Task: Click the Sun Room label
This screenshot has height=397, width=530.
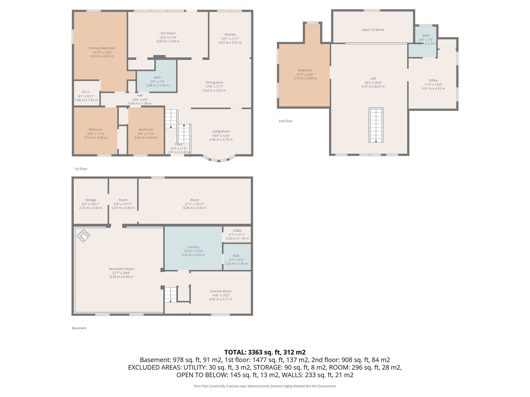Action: tap(168, 33)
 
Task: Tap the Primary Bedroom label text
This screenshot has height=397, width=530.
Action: tap(102, 48)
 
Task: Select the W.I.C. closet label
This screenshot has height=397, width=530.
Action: tap(86, 92)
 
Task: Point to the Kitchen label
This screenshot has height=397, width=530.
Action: tap(230, 34)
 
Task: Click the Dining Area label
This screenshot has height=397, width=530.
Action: tap(214, 82)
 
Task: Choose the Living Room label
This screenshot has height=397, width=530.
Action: tap(221, 131)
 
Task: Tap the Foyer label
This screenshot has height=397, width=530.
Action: tap(179, 144)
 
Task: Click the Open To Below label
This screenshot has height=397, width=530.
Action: tap(373, 30)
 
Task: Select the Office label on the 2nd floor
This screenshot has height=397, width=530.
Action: tap(433, 80)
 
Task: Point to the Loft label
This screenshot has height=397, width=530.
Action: tap(373, 78)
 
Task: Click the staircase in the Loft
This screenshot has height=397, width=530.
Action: tap(376, 125)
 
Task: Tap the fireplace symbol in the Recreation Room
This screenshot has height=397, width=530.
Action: tap(83, 236)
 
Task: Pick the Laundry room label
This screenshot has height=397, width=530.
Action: tap(193, 247)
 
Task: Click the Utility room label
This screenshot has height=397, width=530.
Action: tap(237, 231)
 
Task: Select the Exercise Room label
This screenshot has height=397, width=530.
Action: tap(221, 291)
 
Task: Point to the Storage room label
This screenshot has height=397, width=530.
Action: tap(91, 200)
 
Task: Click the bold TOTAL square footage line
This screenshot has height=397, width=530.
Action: tap(265, 352)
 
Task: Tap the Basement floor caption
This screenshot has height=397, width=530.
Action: tap(79, 328)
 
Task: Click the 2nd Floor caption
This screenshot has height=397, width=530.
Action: tap(285, 121)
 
